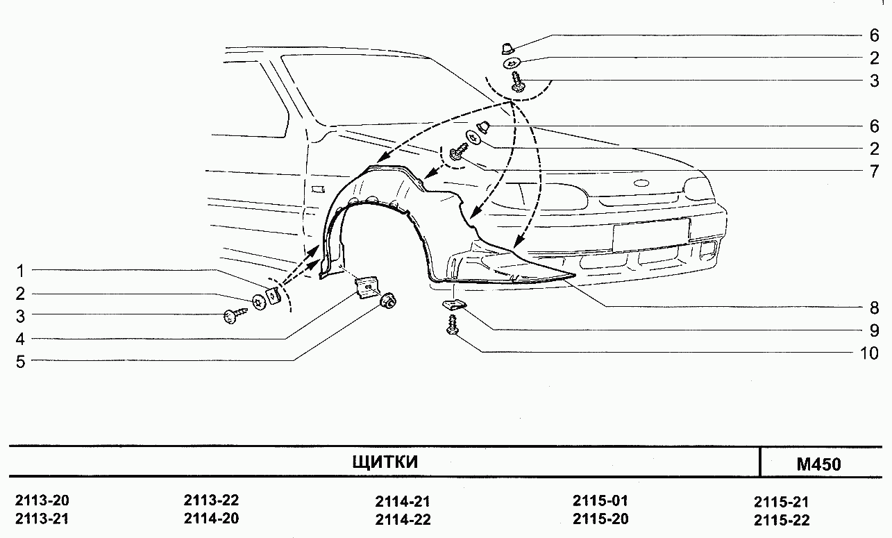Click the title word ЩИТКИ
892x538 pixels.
[385, 462]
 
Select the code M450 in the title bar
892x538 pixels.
[818, 464]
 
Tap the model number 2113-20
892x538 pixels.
[42, 501]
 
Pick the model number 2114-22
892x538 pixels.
[403, 519]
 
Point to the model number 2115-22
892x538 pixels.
[782, 520]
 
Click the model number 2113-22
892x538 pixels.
[211, 501]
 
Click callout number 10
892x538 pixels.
[869, 353]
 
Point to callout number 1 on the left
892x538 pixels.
[20, 270]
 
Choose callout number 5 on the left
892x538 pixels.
[20, 361]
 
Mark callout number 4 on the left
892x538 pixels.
[20, 339]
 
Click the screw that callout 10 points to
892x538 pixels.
[454, 325]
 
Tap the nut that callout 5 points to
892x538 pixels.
[387, 301]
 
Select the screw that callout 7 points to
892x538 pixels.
[457, 153]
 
